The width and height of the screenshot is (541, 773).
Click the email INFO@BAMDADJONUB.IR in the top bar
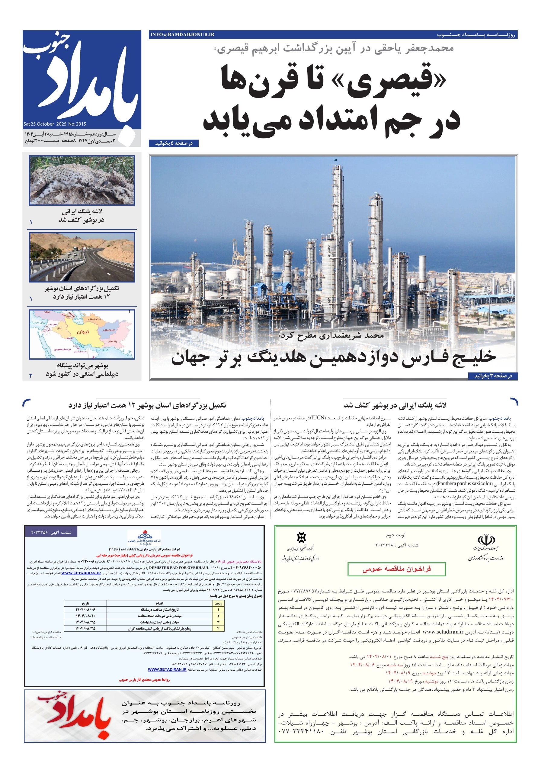(x=182, y=35)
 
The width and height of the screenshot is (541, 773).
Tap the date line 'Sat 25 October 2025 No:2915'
(x=55, y=124)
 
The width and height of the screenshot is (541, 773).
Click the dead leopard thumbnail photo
(x=82, y=180)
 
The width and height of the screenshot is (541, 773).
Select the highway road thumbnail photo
(x=82, y=257)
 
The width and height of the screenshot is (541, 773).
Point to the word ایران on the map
(x=83, y=332)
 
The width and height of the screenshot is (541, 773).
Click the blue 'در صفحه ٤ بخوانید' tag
(x=173, y=143)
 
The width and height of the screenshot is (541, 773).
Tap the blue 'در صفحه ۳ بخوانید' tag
(x=493, y=376)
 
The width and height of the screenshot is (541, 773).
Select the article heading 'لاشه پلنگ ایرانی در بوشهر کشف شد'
(x=395, y=405)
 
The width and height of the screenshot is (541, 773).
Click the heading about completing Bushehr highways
(x=147, y=405)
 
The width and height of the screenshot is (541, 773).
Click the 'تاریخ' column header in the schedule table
(x=85, y=603)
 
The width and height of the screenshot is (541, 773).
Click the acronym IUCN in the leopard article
(x=318, y=418)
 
